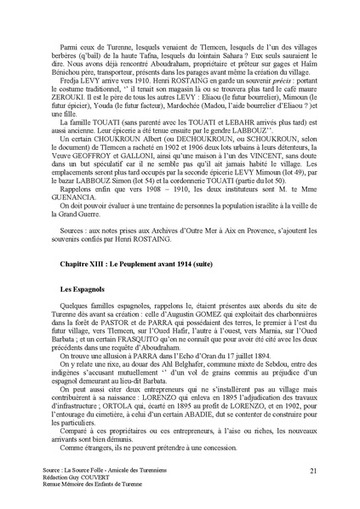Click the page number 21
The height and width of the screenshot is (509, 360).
click(x=314, y=470)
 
